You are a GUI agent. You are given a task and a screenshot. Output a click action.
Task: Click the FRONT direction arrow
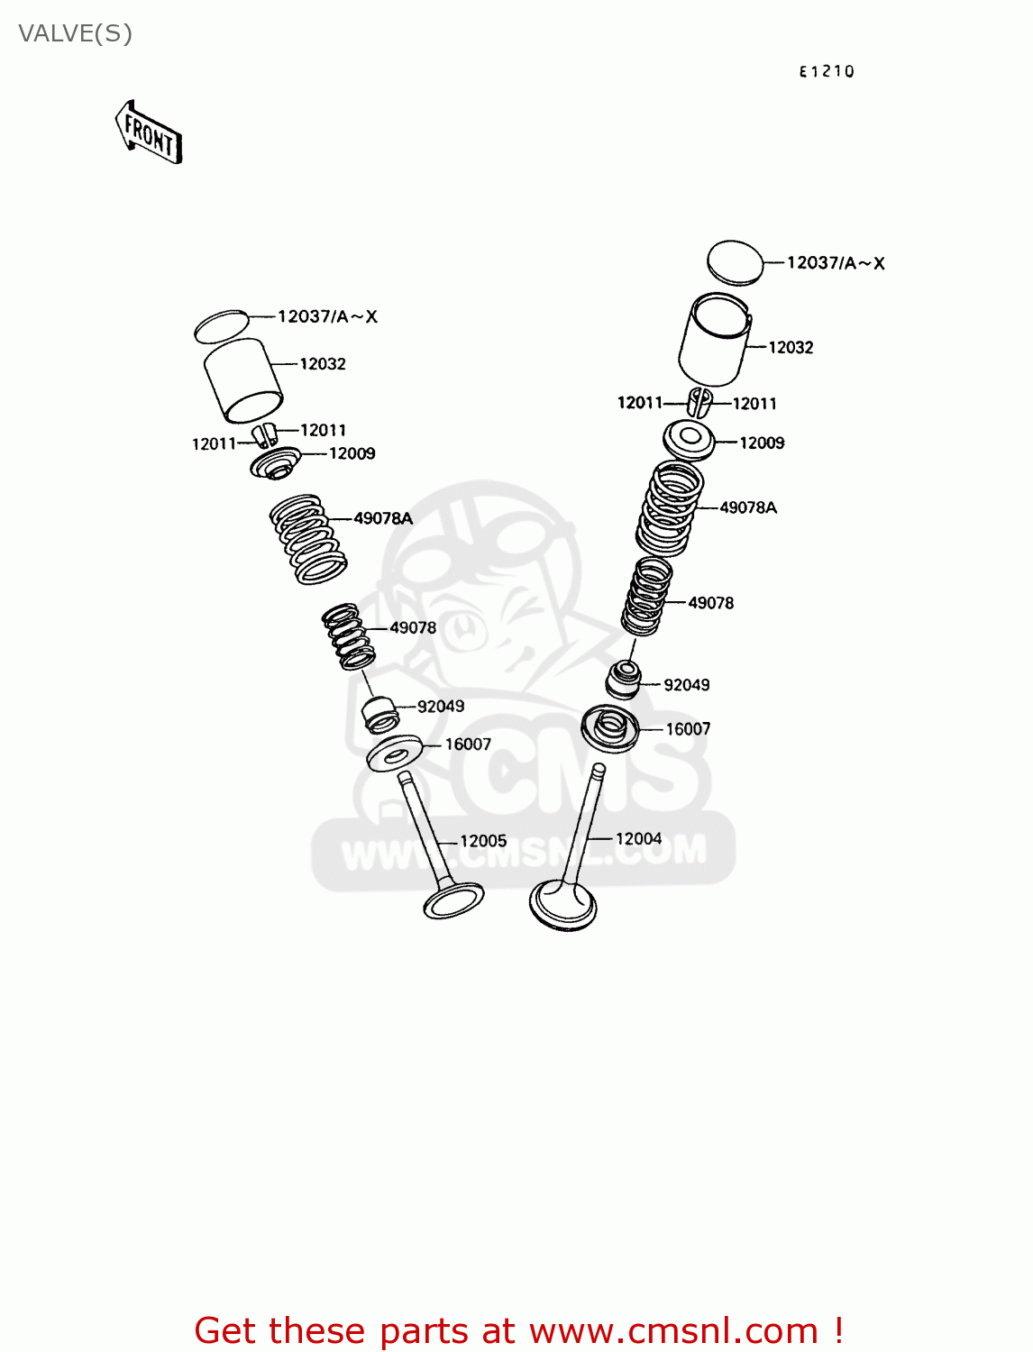point(149,133)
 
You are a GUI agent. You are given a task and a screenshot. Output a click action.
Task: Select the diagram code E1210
point(826,72)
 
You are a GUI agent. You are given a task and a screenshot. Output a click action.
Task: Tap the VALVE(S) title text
point(76,34)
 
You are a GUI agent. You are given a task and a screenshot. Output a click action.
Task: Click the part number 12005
point(483,841)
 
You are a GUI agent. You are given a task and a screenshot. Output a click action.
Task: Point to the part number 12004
point(638,839)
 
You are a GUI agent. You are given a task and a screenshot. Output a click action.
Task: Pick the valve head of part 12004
point(562,905)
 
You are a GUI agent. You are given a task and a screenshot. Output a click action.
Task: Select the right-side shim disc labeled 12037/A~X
point(735,262)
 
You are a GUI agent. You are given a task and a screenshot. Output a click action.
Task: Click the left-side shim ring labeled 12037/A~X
point(221,326)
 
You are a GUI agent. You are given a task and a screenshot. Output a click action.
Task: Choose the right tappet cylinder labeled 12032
point(714,341)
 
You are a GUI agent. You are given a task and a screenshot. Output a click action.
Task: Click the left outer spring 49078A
point(308,538)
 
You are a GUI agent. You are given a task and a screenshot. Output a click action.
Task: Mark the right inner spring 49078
point(646,595)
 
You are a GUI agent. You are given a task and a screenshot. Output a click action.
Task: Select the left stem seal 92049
point(379,714)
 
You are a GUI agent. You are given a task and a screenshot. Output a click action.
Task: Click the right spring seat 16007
point(610,728)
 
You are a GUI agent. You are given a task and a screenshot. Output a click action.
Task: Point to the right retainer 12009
point(689,440)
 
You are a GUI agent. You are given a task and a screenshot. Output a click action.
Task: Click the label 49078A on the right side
point(748,508)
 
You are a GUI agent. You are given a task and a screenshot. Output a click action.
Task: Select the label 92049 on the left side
point(441,707)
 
